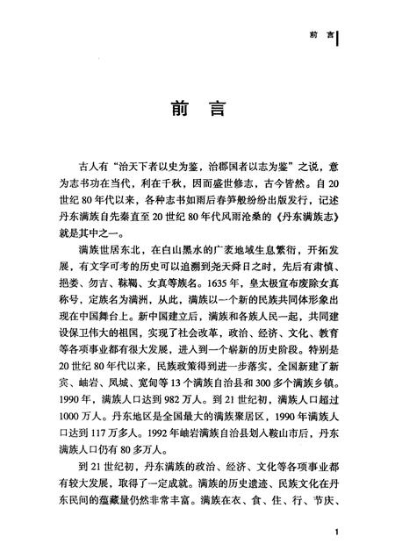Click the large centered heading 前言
click(197, 109)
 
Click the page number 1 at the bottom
click(338, 532)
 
